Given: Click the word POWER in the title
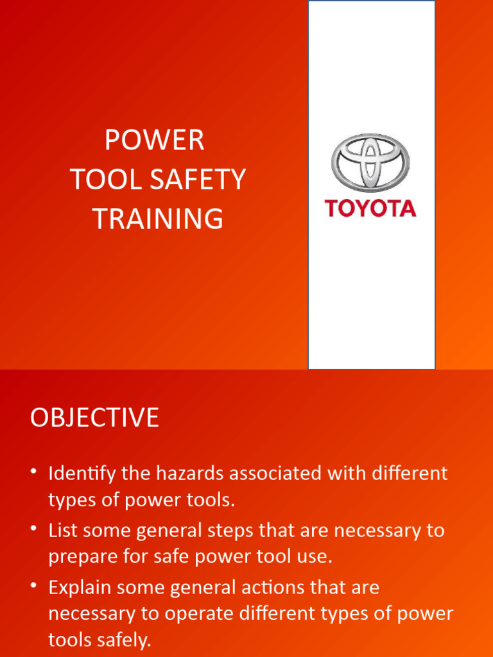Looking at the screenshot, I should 155,141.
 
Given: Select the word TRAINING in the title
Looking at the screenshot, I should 158,219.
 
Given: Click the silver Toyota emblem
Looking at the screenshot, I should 370,162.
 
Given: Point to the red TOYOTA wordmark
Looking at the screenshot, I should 370,209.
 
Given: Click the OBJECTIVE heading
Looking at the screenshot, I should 94,418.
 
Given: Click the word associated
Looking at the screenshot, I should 283,474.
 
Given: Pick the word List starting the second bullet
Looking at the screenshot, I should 63,531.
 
